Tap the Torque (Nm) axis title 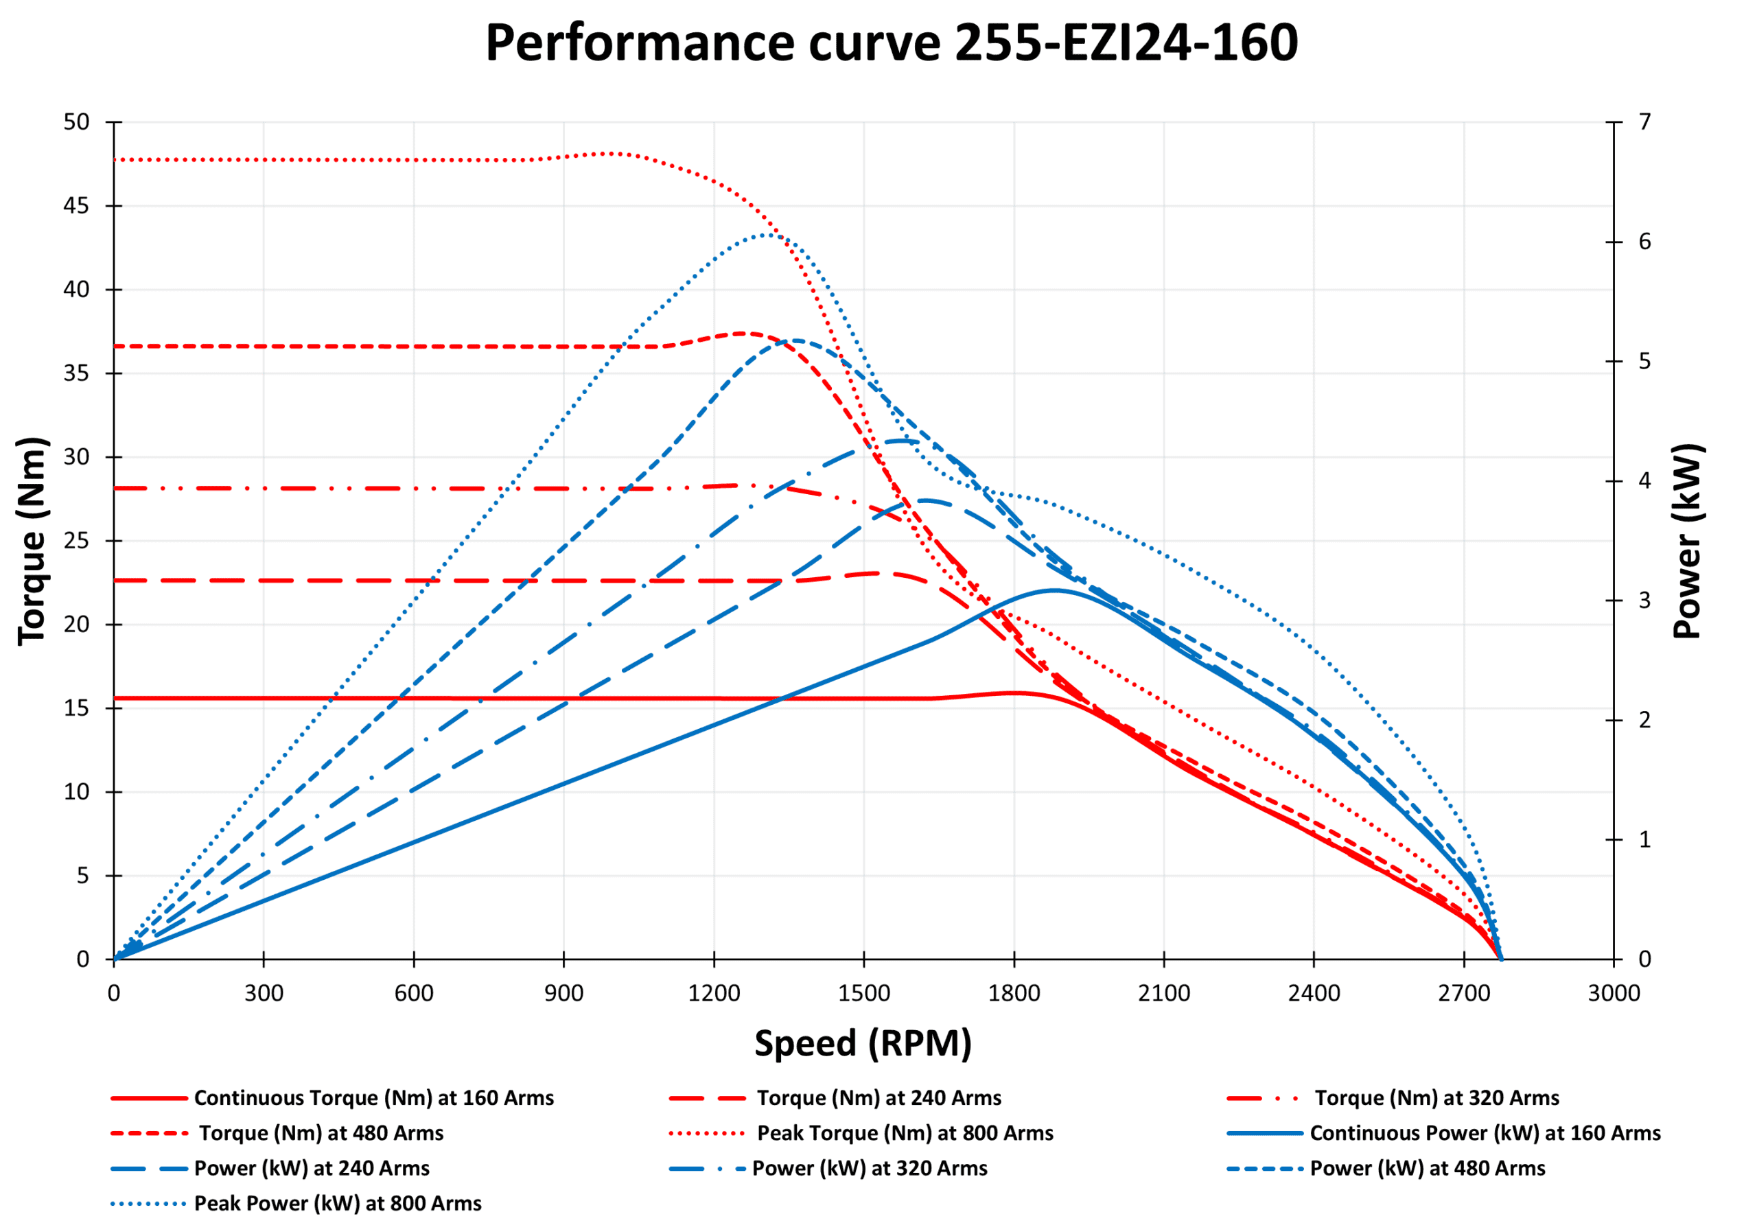tap(33, 541)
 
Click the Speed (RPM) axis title tap(863, 1043)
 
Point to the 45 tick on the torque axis tap(76, 206)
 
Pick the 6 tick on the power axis tap(1644, 242)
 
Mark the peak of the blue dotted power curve tap(767, 235)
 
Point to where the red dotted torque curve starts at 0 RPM tap(115, 160)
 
